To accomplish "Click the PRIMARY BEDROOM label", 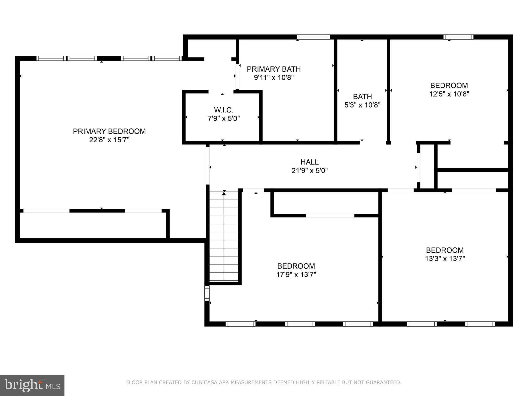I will pos(109,131).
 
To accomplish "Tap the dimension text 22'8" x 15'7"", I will pos(109,140).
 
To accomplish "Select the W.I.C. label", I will pos(224,110).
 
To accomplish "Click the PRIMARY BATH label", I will pos(274,69).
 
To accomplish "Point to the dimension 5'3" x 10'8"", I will pos(362,105).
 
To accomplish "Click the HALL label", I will pos(309,162).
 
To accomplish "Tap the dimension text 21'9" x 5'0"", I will pos(309,170).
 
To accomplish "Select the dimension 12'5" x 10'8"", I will pos(449,94).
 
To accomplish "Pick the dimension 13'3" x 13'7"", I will pos(445,259).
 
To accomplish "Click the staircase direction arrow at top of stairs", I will pos(224,193).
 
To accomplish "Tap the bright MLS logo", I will pos(32,385).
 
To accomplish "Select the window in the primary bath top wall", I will pos(313,37).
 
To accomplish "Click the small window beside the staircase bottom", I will pos(207,293).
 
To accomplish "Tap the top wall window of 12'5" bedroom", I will pos(458,37).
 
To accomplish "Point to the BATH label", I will pos(362,96).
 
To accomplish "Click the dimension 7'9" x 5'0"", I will pos(224,119).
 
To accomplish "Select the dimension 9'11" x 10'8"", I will pos(274,78).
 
